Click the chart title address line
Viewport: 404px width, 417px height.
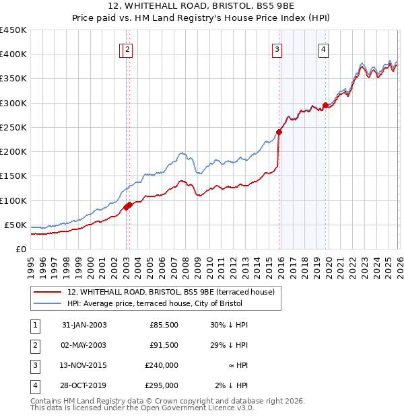point(202,7)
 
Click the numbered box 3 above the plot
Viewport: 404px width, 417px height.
point(277,48)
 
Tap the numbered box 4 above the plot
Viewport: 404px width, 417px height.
point(324,48)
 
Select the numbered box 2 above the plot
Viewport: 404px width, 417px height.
point(128,48)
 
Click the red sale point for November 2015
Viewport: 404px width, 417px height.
point(279,132)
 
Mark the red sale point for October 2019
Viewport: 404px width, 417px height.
point(325,105)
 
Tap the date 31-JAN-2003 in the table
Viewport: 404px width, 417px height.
point(84,326)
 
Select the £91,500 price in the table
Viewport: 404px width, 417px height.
point(164,345)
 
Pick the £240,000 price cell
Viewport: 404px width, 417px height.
point(161,365)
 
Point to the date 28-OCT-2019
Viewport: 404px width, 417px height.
point(84,385)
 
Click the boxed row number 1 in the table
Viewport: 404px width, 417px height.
point(34,326)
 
